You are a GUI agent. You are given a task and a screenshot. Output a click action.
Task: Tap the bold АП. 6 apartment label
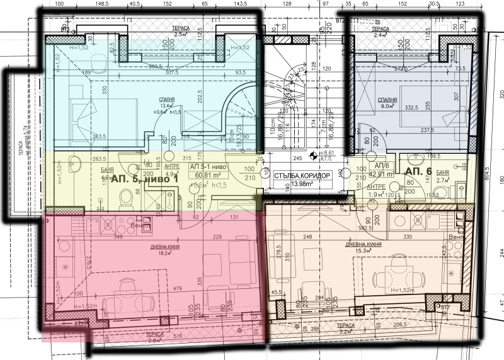click(x=418, y=171)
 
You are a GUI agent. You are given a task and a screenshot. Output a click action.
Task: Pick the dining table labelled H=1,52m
click(x=396, y=277)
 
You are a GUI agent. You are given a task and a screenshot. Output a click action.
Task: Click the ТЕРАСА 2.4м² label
click(x=380, y=32)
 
